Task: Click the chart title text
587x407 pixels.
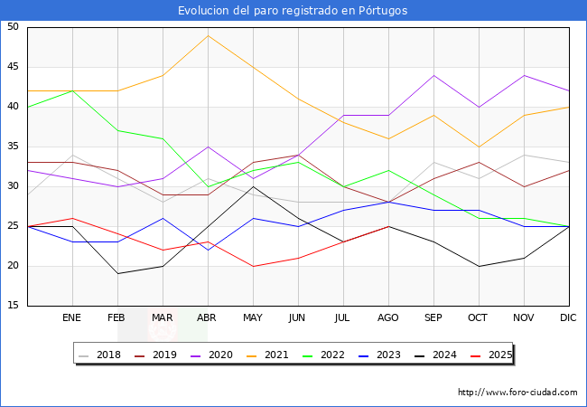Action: [293, 11]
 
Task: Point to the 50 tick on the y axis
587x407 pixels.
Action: [13, 27]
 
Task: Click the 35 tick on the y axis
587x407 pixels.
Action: [13, 147]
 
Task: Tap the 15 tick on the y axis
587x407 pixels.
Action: [13, 306]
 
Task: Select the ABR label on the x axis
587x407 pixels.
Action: [208, 317]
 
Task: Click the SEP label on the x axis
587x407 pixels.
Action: [433, 317]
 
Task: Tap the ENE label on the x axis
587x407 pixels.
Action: [72, 317]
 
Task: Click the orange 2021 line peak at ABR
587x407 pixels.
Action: [208, 35]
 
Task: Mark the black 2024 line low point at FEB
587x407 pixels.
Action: [117, 273]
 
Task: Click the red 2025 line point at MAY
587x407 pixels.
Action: [253, 266]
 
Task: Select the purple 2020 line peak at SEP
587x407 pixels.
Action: [433, 75]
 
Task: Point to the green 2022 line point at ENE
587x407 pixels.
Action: [72, 90]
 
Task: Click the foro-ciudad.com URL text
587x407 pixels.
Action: [517, 393]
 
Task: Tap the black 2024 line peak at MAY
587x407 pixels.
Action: [253, 186]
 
